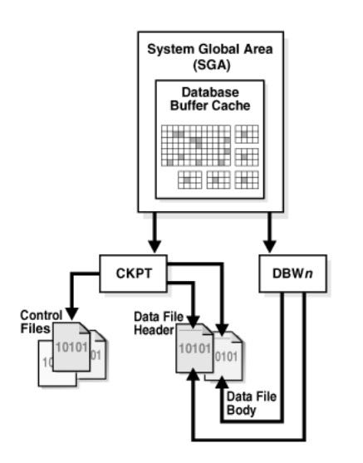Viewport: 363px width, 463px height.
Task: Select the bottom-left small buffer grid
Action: [190, 179]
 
